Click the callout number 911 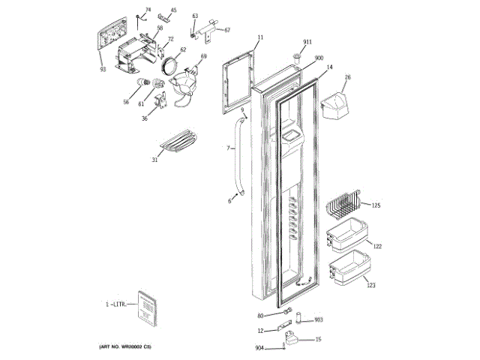[x=307, y=41]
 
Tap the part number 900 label [x=319, y=58]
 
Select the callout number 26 [x=347, y=77]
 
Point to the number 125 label [x=376, y=205]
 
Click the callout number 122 [x=378, y=247]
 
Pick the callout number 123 [x=370, y=286]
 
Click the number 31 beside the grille [x=155, y=159]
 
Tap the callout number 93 [x=103, y=70]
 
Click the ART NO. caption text [x=125, y=347]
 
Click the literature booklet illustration [x=147, y=307]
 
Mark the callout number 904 [x=259, y=347]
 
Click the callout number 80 [x=261, y=316]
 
